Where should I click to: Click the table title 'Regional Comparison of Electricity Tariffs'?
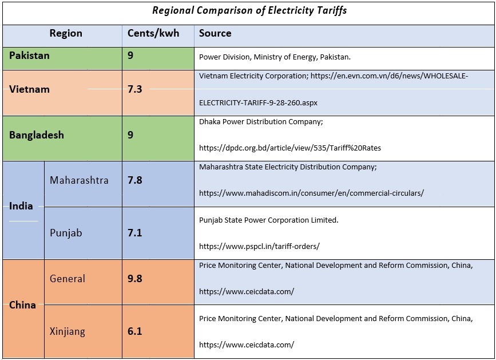click(249, 10)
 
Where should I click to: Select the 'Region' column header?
click(66, 33)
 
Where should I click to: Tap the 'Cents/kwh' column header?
click(153, 33)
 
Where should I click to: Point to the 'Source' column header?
click(215, 33)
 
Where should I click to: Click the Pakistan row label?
click(29, 56)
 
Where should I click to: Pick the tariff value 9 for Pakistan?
click(131, 56)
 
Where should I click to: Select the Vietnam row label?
click(29, 89)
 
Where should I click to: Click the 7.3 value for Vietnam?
click(135, 89)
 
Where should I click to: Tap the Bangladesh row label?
click(37, 135)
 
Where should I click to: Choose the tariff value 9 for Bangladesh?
click(131, 135)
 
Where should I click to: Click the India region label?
click(21, 206)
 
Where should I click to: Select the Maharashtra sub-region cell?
click(79, 180)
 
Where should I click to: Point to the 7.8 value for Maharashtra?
click(135, 180)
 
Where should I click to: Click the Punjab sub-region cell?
click(66, 233)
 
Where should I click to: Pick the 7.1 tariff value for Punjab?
click(135, 233)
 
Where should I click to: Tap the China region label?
click(22, 305)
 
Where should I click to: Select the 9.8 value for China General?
click(135, 279)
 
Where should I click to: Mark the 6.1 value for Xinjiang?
click(135, 331)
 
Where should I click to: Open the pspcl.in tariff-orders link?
click(259, 247)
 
